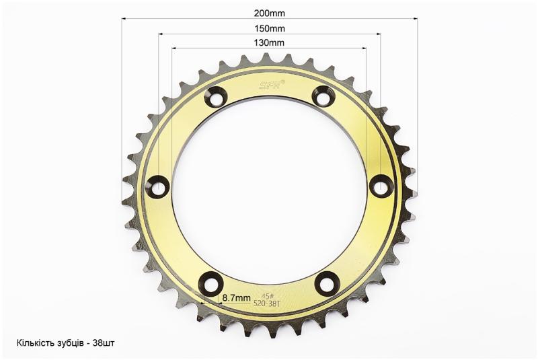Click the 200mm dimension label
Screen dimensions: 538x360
point(270,13)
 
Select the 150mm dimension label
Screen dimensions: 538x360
point(270,28)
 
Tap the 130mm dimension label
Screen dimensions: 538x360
point(269,42)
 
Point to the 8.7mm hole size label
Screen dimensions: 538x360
point(237,297)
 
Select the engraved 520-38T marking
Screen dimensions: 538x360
point(267,303)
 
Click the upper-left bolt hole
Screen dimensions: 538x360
point(215,97)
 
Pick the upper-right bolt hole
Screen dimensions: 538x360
point(323,96)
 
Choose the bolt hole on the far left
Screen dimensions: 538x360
point(158,186)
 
